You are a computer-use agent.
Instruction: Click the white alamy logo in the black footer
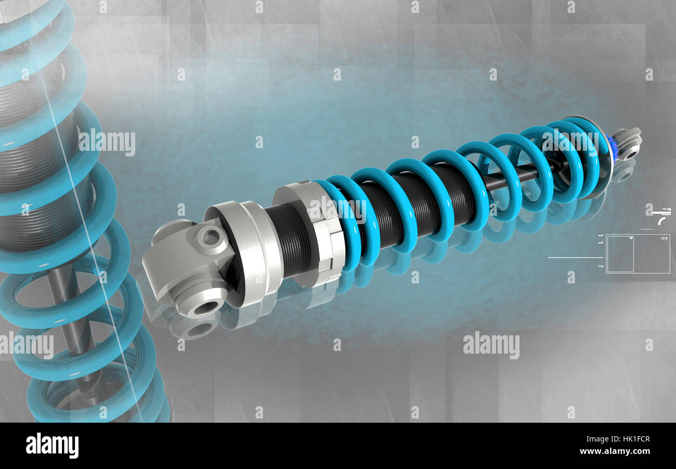(52, 446)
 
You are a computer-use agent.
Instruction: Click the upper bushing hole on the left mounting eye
(210, 237)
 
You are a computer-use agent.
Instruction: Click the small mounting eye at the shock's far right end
(628, 144)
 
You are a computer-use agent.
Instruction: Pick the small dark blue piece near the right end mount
(610, 148)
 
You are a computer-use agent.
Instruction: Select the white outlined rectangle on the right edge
(638, 254)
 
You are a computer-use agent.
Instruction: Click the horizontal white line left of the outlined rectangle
(575, 257)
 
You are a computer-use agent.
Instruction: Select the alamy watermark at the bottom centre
(490, 346)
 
